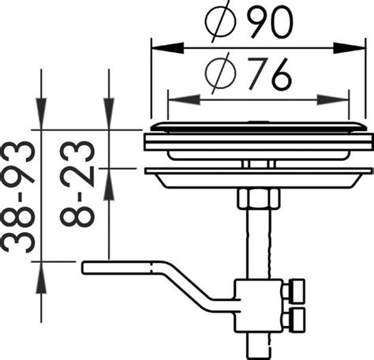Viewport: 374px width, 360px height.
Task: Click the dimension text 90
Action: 270,21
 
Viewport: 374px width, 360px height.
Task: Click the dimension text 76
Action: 269,73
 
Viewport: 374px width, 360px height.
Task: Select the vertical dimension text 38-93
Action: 18,197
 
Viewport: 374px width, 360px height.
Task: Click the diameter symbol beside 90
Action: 220,22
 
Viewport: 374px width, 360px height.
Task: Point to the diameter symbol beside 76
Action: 220,74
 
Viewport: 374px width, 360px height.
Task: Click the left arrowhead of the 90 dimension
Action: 167,48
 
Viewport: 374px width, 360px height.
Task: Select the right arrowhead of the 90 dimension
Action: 350,48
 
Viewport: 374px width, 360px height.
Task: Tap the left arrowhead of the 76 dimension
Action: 184,99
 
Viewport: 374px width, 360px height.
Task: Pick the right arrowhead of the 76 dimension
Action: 333,99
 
